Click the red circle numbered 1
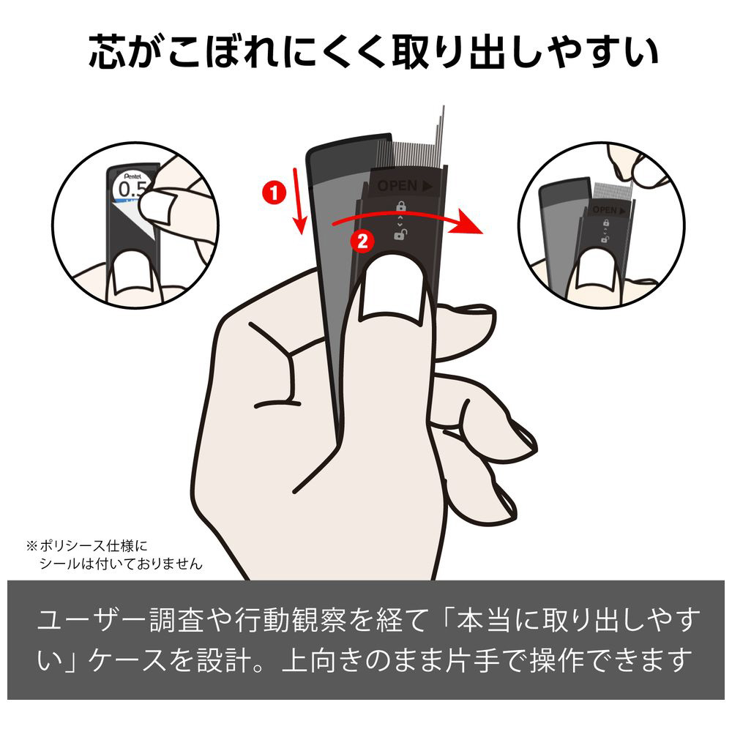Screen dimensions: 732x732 274,193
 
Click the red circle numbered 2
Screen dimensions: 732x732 362,242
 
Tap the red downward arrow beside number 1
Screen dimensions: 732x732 299,201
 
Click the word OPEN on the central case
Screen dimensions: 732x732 397,186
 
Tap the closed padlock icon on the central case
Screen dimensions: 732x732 400,206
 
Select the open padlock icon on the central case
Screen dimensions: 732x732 400,234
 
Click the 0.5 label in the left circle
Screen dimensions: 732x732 132,189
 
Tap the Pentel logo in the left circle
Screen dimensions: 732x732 133,176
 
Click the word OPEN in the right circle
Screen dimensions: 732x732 605,210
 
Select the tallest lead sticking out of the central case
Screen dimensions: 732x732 443,135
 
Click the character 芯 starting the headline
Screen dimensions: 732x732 108,51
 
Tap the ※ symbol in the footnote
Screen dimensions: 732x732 31,545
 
